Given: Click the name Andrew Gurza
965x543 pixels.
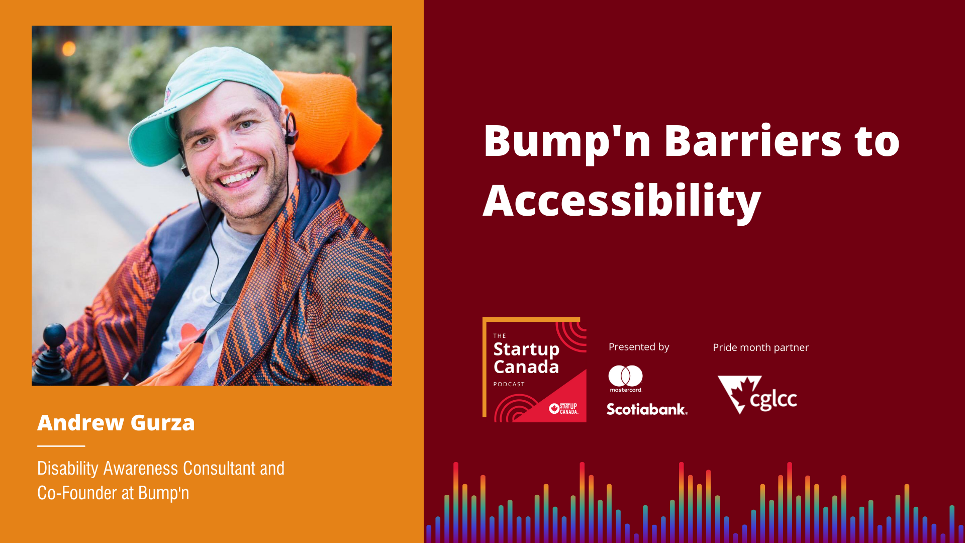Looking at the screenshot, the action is click(116, 423).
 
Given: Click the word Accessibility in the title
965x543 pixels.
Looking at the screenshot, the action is click(622, 201).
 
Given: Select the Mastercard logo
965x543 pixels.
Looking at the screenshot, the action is click(626, 379).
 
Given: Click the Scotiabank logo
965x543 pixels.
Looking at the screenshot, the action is click(647, 409).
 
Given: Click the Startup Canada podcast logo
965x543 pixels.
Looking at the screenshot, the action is click(535, 370).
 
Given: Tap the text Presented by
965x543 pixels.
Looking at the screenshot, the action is click(639, 347).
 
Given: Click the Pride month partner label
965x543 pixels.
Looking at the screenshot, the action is click(760, 347).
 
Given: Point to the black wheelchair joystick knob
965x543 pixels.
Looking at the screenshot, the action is click(54, 335).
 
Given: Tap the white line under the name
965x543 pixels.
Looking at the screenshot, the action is click(61, 446).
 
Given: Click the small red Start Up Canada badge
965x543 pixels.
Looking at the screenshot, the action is click(563, 409).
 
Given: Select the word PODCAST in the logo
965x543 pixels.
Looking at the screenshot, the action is click(509, 384).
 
